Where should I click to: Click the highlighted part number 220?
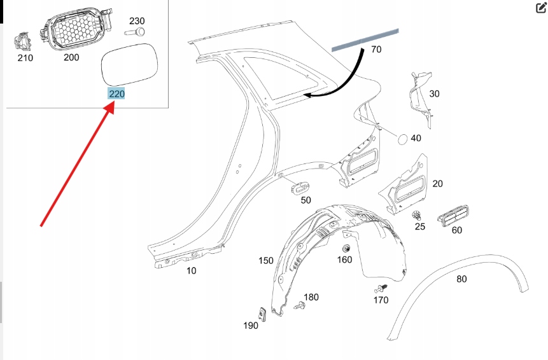pos(116,94)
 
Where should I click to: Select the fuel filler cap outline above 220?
pos(129,64)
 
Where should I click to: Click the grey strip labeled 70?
pos(365,39)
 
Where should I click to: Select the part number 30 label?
pos(435,93)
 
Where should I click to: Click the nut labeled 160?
pos(347,248)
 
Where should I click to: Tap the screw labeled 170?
pos(381,289)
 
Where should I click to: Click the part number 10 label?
pos(191,270)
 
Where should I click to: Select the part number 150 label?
pos(265,260)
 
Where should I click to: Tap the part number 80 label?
pos(461,278)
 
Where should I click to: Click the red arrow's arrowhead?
pos(110,107)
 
